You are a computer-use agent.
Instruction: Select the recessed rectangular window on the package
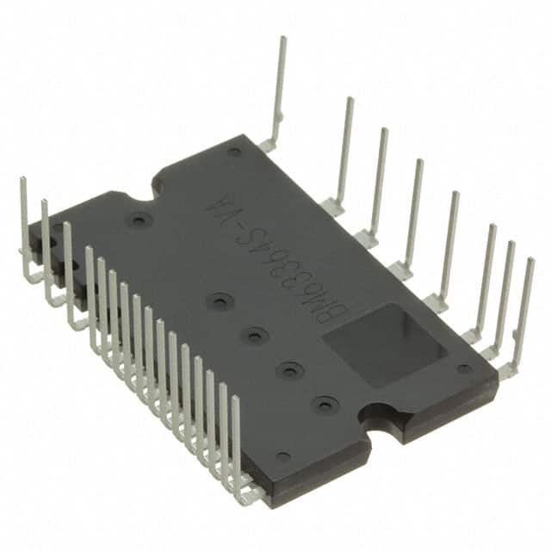click(x=384, y=344)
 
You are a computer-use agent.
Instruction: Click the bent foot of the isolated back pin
click(x=269, y=145)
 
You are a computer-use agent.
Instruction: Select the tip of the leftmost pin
click(x=23, y=181)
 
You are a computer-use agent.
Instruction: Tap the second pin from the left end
click(x=45, y=203)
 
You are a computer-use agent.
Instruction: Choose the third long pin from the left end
click(x=66, y=226)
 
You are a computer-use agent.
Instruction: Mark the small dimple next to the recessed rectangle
click(x=464, y=368)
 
